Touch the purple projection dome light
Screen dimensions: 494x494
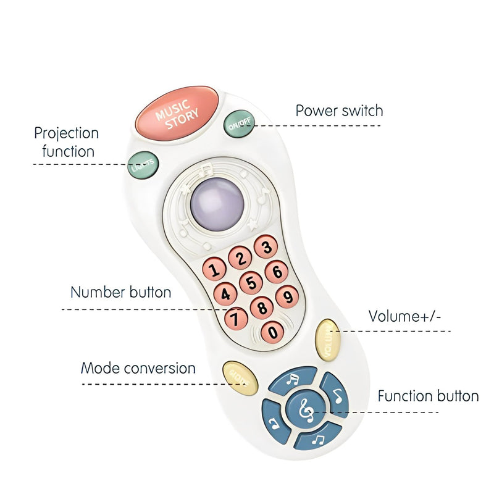click(216, 201)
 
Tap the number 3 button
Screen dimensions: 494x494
click(266, 248)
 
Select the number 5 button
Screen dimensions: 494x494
click(251, 283)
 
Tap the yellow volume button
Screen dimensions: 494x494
click(327, 337)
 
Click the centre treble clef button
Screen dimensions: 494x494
click(305, 409)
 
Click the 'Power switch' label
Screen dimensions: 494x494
click(339, 111)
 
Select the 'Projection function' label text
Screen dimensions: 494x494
click(66, 142)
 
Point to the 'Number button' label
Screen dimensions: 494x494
click(120, 292)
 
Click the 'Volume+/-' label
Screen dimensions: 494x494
click(405, 316)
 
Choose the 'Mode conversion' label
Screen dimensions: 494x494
click(138, 369)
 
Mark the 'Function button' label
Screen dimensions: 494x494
click(428, 396)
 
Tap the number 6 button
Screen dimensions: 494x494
click(277, 271)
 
